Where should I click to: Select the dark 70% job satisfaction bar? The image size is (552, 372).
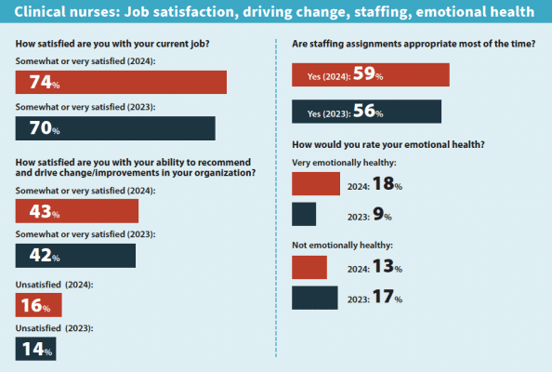pos(115,128)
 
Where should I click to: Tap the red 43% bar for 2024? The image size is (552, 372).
pos(77,211)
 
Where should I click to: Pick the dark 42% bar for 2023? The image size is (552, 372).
pos(75,256)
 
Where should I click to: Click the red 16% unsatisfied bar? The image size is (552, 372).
pos(38,304)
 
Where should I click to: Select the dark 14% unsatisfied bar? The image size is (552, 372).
pos(35,349)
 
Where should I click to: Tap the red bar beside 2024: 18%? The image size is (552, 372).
pos(316,184)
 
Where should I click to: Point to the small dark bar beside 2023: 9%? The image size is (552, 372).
pos(304,215)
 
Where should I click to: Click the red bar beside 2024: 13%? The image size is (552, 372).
pos(309,267)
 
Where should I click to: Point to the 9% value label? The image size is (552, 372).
pos(382,216)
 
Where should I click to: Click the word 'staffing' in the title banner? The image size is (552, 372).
pos(358,12)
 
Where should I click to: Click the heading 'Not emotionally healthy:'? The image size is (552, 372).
pos(342,245)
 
